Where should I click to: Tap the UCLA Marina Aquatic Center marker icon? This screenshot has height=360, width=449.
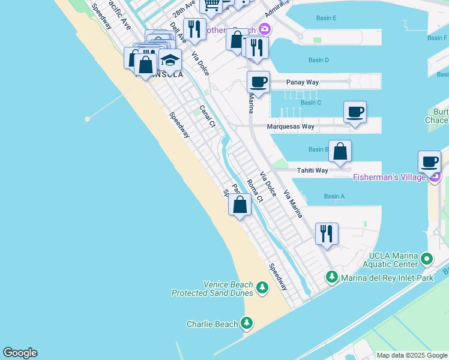(x=427, y=259)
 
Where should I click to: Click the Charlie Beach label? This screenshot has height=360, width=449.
(x=212, y=324)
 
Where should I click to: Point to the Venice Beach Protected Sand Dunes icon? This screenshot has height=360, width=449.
(x=262, y=289)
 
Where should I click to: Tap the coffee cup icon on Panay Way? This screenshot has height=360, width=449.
(x=258, y=82)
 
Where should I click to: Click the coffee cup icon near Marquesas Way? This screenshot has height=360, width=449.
(x=355, y=112)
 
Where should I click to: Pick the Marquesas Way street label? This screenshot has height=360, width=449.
(x=291, y=127)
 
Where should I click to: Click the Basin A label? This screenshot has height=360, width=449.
(x=334, y=196)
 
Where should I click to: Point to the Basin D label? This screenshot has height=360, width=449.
(x=318, y=60)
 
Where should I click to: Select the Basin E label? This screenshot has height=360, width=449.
(x=325, y=19)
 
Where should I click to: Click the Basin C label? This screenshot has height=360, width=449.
(x=310, y=103)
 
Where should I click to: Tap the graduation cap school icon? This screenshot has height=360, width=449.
(x=170, y=60)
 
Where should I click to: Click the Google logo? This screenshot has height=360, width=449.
(x=20, y=353)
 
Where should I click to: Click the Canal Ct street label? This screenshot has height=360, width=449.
(x=207, y=116)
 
